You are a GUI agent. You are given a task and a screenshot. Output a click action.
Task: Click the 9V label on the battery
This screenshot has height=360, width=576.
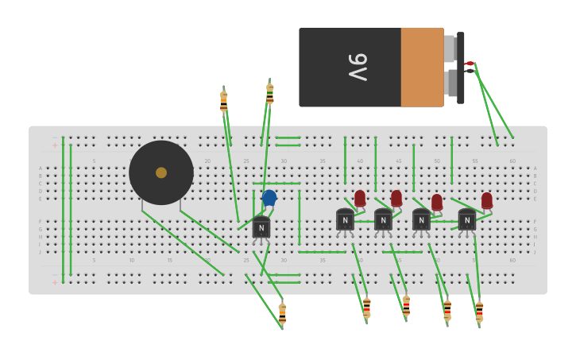(x=358, y=67)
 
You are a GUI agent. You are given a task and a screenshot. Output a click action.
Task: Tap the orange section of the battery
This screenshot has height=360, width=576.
(x=422, y=67)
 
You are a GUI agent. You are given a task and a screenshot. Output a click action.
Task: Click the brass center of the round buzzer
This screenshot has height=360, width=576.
(x=161, y=172)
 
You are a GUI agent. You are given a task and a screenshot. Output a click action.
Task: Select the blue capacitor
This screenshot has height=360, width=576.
(x=269, y=197)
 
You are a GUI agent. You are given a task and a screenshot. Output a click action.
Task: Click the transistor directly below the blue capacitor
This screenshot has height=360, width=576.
(x=261, y=228)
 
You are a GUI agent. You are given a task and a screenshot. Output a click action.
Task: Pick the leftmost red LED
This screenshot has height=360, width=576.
(x=360, y=198)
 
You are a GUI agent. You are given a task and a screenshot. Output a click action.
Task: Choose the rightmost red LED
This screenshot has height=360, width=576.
(x=487, y=200)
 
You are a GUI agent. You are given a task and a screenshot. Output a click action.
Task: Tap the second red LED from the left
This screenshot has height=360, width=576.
(x=396, y=198)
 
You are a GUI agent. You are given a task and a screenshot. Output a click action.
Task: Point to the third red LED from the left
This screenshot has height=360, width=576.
(x=437, y=202)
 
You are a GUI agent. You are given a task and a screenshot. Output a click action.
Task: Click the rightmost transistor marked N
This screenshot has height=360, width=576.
(x=467, y=220)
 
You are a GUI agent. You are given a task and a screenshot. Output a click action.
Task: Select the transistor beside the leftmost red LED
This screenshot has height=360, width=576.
(x=345, y=220)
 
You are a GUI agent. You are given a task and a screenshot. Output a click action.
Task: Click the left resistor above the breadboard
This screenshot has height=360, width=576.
(x=224, y=101)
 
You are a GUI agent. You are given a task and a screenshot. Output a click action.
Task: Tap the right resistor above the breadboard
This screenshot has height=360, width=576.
(x=270, y=93)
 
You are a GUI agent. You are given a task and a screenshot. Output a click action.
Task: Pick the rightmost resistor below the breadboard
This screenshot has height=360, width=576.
(x=479, y=312)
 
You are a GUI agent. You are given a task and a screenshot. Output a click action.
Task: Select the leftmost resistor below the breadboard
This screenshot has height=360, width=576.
(x=282, y=314)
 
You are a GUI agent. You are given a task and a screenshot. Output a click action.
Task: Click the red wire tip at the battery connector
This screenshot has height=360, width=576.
(x=469, y=64)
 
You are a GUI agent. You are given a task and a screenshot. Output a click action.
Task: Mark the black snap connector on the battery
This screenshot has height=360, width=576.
(x=460, y=68)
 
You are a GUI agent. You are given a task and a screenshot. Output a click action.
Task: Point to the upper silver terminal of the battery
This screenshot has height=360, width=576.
(x=450, y=48)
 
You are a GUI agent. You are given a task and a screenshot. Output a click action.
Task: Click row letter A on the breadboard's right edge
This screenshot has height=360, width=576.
(x=535, y=168)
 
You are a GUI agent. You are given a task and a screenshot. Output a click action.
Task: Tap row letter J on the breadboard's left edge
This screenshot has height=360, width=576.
(x=41, y=252)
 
